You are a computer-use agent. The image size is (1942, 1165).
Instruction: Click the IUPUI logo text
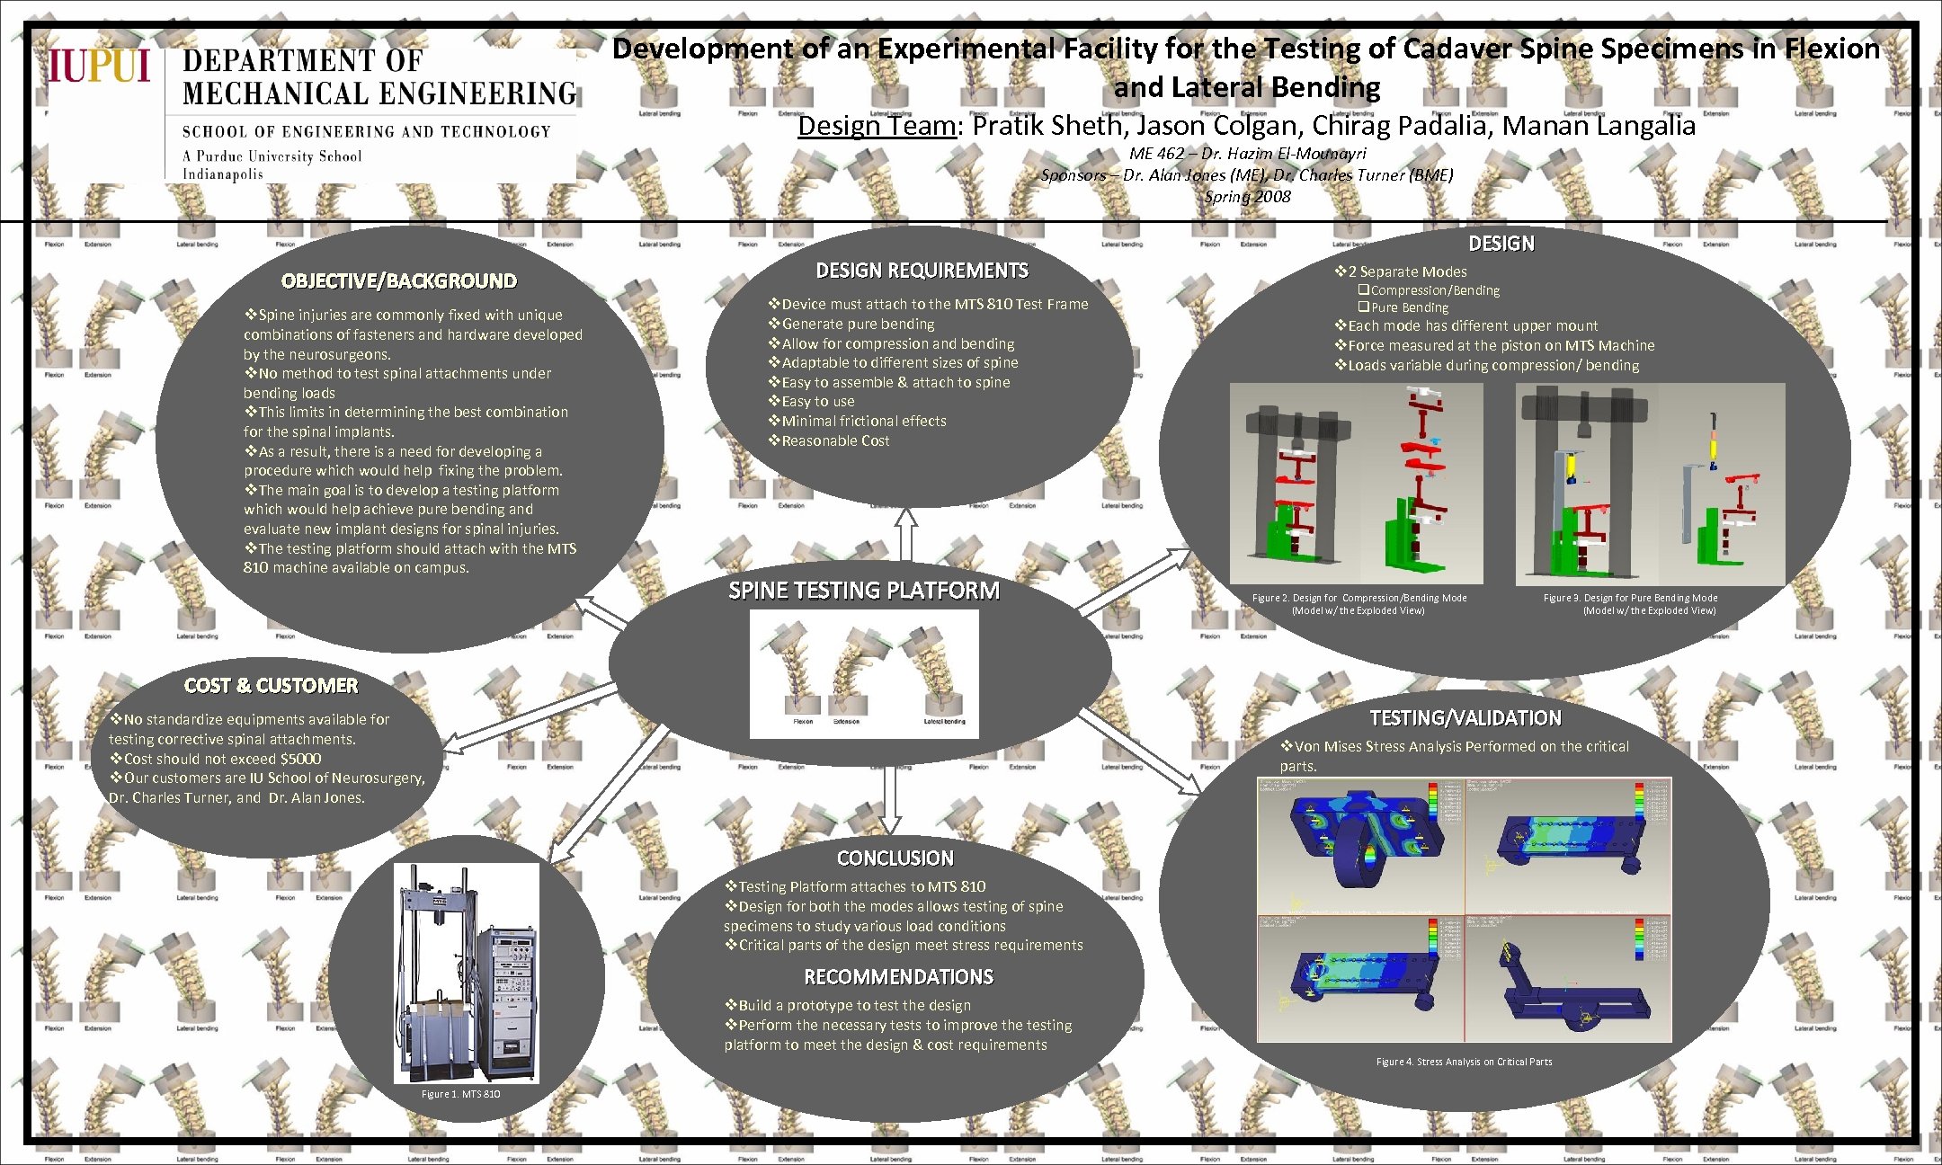pos(99,66)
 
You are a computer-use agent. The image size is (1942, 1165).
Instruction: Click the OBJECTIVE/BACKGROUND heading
pos(398,281)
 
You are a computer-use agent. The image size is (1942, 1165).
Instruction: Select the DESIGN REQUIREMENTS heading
pos(922,271)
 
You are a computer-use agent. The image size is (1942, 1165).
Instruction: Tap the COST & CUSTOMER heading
pos(271,686)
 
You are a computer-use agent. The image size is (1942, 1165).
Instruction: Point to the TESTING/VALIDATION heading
pos(1465,718)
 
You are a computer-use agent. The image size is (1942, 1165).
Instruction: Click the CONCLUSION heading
pos(895,858)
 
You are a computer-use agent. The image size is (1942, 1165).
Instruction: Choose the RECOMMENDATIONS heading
pos(898,977)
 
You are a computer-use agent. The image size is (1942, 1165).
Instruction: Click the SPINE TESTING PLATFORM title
pos(863,591)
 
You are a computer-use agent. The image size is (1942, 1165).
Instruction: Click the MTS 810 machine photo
pos(466,973)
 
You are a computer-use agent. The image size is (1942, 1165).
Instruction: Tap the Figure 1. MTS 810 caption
pos(460,1094)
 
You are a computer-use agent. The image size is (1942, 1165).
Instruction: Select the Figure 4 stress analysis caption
pos(1464,1062)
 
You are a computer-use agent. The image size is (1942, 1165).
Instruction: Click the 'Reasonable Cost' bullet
pos(834,440)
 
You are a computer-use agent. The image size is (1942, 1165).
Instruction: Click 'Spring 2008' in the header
pos(1247,196)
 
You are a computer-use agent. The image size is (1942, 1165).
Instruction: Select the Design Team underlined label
pos(876,126)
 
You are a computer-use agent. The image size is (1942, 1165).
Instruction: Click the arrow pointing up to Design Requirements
pos(906,534)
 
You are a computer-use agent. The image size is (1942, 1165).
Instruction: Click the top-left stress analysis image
pos(1360,846)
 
